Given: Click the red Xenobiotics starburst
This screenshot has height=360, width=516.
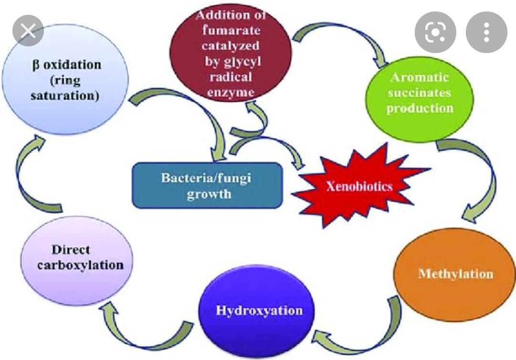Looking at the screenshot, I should tap(359, 187).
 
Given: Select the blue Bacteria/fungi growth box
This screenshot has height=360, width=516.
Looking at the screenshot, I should tap(206, 185).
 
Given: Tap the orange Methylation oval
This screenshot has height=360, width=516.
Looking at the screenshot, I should tap(454, 274).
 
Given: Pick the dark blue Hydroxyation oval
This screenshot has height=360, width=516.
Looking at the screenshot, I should tap(258, 311).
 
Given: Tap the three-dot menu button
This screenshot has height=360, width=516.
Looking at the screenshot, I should tap(486, 32).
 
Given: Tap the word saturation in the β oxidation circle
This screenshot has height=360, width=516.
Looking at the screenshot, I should tap(65, 95).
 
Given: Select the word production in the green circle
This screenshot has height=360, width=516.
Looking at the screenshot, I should tap(419, 108).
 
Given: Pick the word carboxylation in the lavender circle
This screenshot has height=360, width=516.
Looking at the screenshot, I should tap(80, 264).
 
